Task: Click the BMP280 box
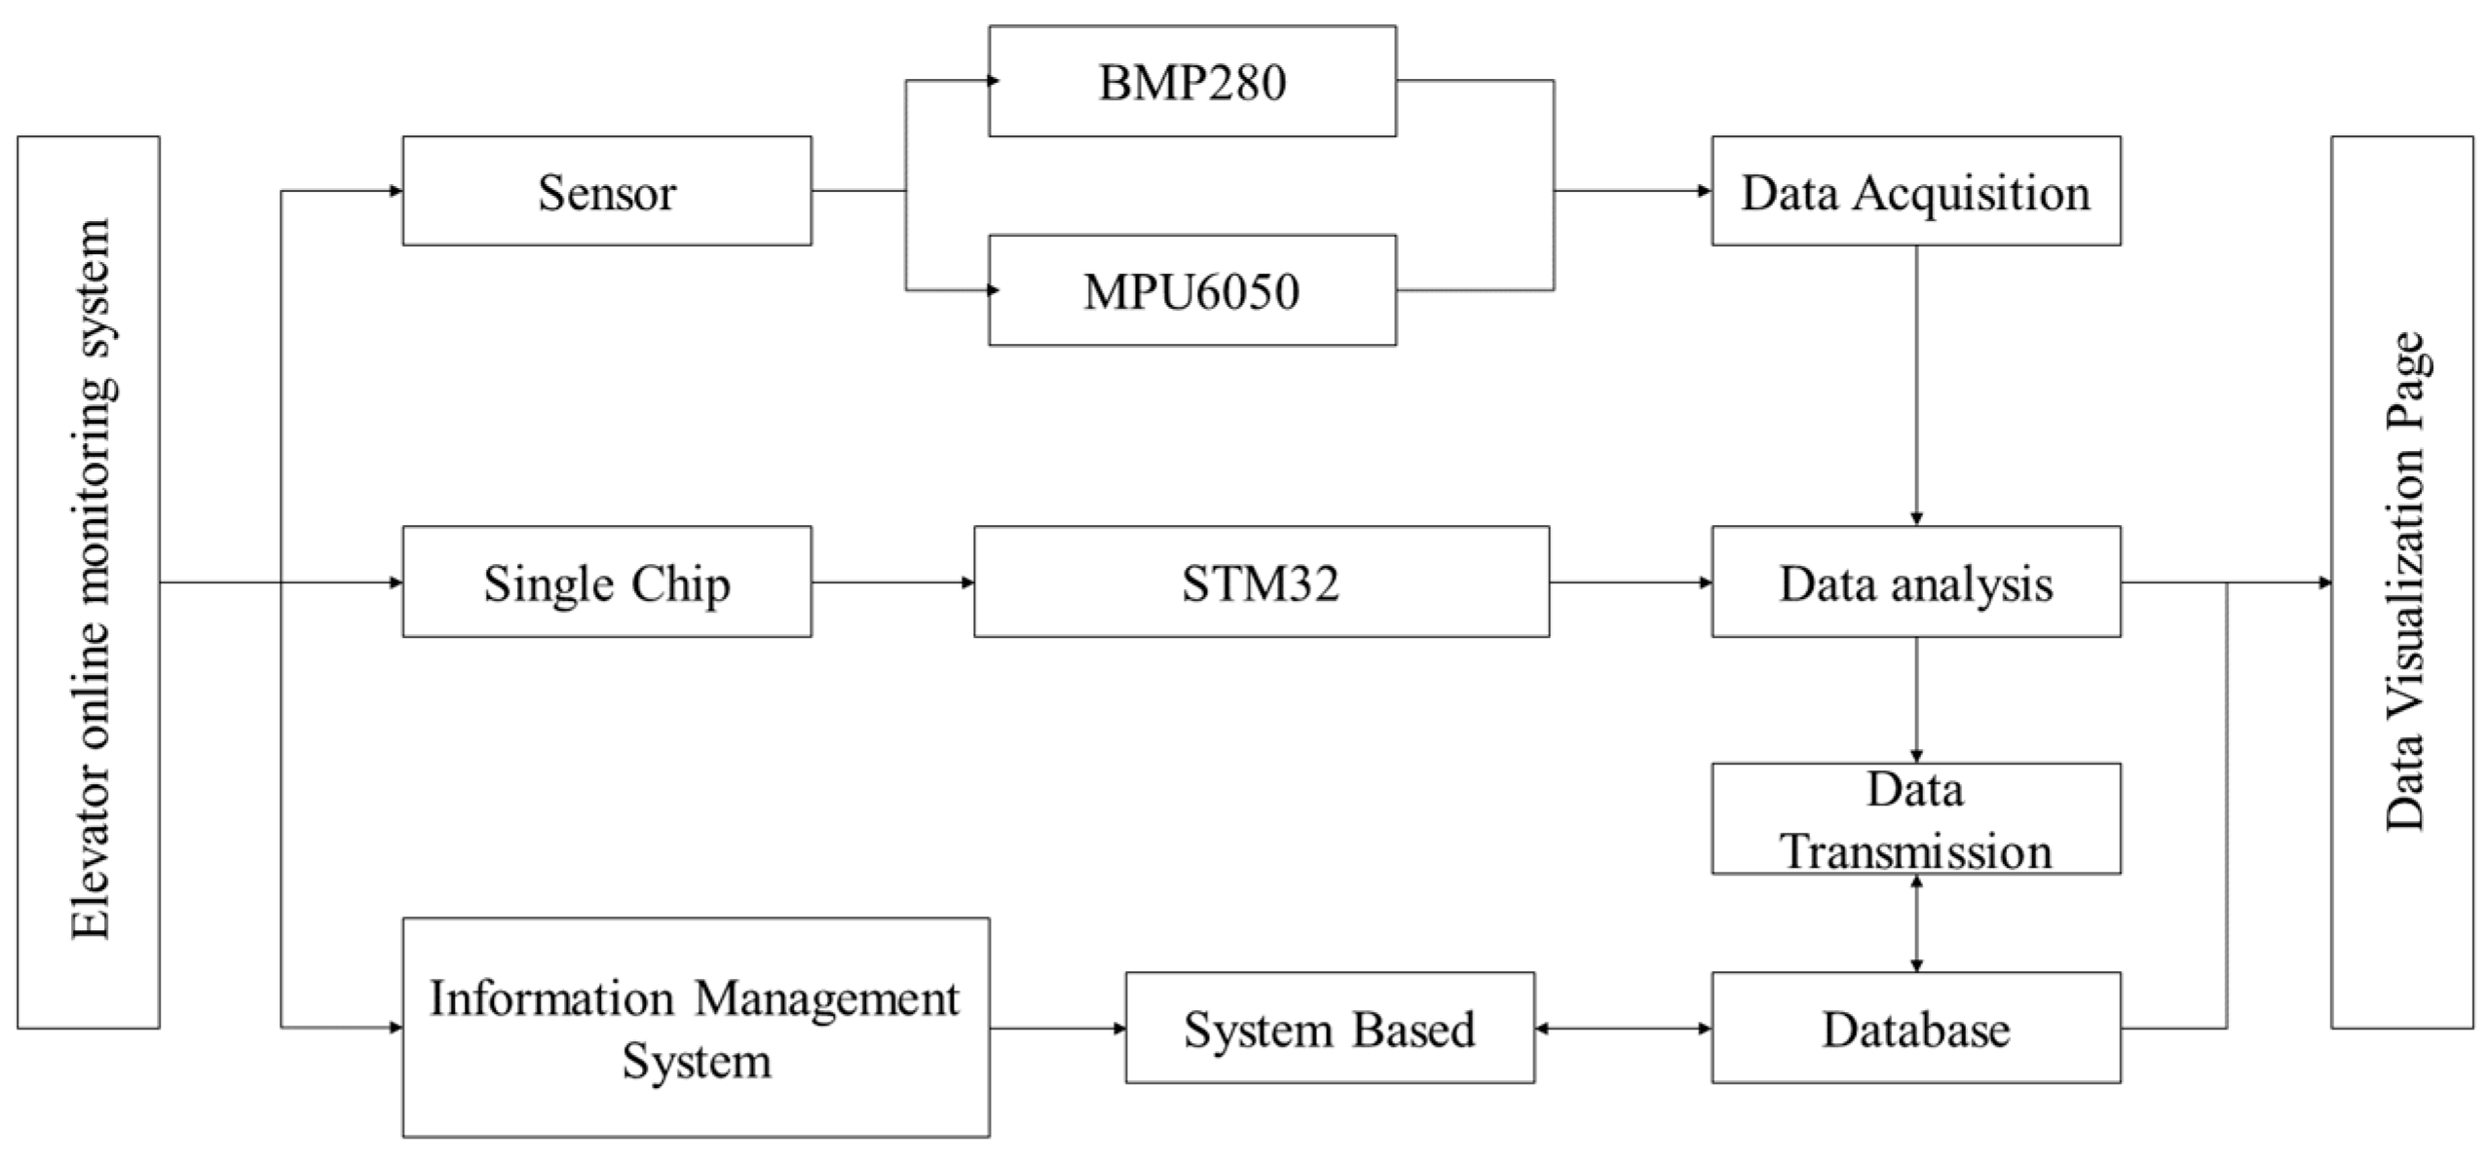(1191, 82)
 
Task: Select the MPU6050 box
(1191, 290)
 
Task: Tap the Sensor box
(606, 192)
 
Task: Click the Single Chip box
(606, 582)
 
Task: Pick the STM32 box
(1261, 582)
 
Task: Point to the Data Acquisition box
(1915, 192)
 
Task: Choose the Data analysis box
(1915, 582)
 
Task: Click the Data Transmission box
(1915, 819)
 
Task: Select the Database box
(1915, 1029)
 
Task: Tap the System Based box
(1329, 1029)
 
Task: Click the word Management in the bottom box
(827, 998)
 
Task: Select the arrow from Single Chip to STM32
(892, 582)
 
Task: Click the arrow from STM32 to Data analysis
(1630, 582)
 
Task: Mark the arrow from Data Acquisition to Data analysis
(1915, 385)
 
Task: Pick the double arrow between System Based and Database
(1623, 1029)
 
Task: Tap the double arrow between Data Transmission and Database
(1915, 922)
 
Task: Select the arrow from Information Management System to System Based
(1057, 1029)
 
